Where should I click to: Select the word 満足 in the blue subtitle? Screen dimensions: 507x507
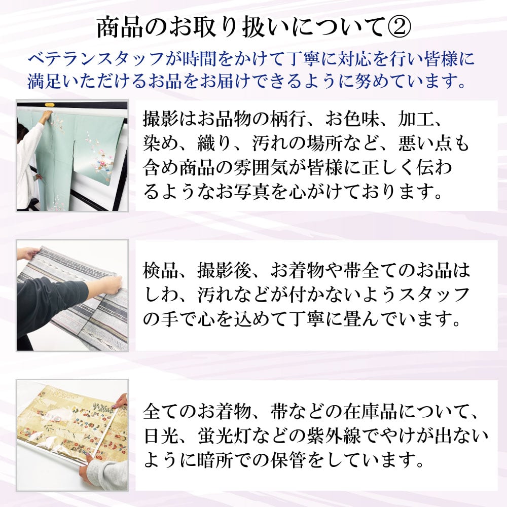coord(44,81)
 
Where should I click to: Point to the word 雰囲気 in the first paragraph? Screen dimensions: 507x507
coord(261,168)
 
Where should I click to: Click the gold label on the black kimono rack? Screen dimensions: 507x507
coord(50,105)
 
